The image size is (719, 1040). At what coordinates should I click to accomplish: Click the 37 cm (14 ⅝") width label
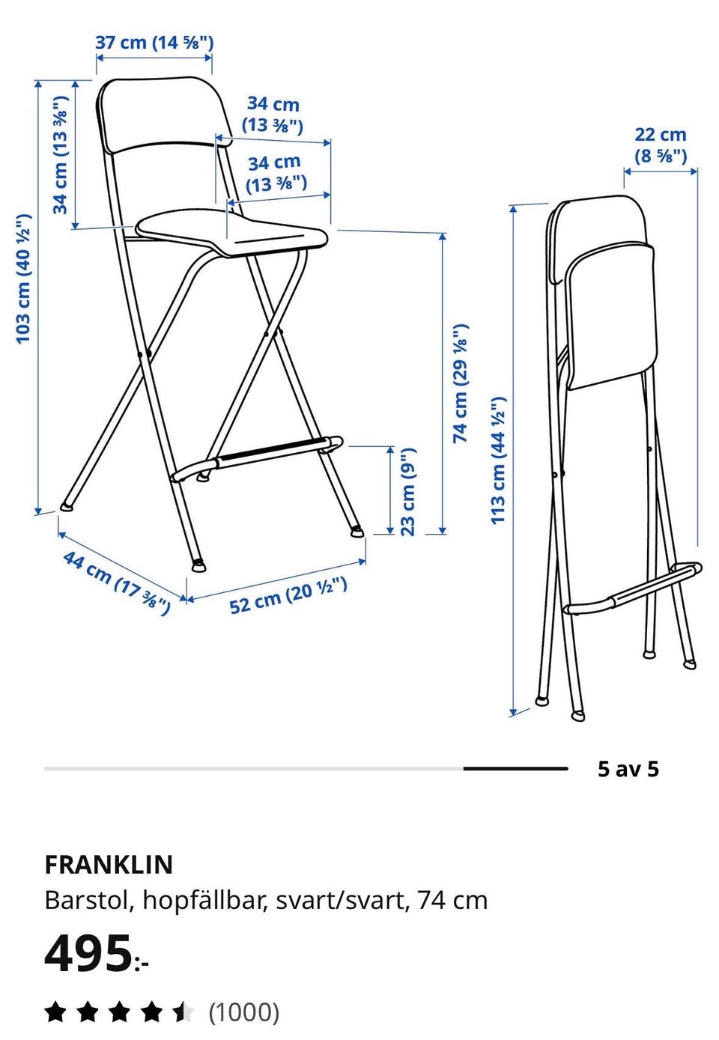tap(154, 43)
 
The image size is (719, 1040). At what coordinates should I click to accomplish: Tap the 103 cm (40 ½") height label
tap(23, 279)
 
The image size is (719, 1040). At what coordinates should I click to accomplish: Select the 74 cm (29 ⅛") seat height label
tap(461, 383)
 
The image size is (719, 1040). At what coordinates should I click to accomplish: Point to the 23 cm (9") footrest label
tap(407, 492)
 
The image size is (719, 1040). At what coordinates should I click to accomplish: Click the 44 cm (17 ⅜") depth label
tap(117, 583)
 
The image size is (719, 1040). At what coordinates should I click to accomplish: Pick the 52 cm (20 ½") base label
tap(288, 596)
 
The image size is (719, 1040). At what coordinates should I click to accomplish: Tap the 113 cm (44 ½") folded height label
tap(498, 460)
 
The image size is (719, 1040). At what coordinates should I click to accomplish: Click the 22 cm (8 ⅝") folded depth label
tap(660, 145)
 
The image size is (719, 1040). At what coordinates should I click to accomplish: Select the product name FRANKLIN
tap(109, 865)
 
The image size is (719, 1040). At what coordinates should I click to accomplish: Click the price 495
tap(88, 953)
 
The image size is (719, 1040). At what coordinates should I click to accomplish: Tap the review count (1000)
tap(244, 1012)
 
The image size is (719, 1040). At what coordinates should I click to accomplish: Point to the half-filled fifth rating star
tap(183, 1012)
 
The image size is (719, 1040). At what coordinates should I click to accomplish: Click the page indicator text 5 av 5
tap(628, 769)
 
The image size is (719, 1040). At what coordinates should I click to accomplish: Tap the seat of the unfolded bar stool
tap(231, 231)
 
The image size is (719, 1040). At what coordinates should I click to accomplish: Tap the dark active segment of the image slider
tap(515, 769)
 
